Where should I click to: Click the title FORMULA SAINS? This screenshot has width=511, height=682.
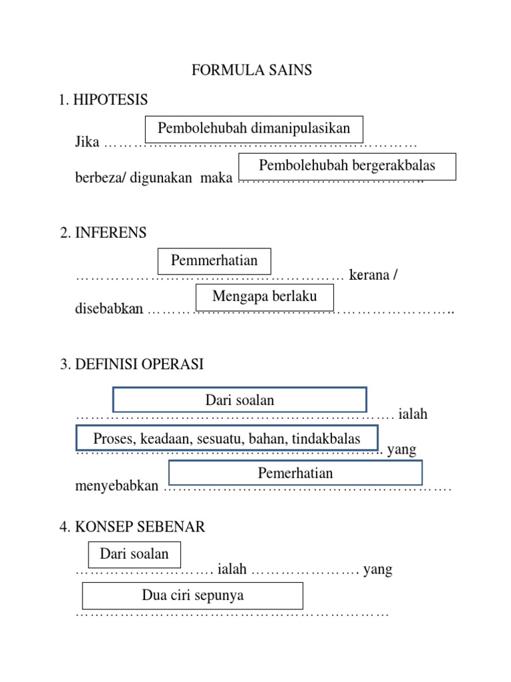click(252, 70)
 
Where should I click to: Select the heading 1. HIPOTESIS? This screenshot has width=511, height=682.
click(103, 100)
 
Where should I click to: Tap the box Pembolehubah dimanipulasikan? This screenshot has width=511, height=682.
click(254, 129)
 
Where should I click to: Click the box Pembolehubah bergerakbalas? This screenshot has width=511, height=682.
click(347, 166)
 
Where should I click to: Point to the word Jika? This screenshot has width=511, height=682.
click(87, 142)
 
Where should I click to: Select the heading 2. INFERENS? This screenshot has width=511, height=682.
click(103, 233)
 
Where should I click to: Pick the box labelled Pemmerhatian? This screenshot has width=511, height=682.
click(214, 260)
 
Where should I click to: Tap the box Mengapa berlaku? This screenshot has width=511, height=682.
click(264, 296)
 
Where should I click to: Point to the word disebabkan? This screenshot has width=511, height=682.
click(109, 310)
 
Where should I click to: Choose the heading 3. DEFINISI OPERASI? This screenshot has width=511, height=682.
click(132, 364)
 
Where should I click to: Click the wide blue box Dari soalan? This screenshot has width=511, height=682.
click(240, 400)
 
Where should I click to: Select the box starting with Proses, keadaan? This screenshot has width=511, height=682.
click(227, 438)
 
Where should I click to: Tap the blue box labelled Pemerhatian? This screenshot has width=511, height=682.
click(295, 474)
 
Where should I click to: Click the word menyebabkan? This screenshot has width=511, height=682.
click(117, 486)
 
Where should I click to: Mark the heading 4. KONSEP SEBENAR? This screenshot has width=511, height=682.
click(132, 527)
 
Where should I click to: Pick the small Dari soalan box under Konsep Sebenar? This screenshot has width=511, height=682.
click(134, 554)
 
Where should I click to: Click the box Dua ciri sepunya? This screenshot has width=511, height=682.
click(192, 595)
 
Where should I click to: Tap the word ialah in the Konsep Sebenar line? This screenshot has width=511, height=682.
click(232, 569)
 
